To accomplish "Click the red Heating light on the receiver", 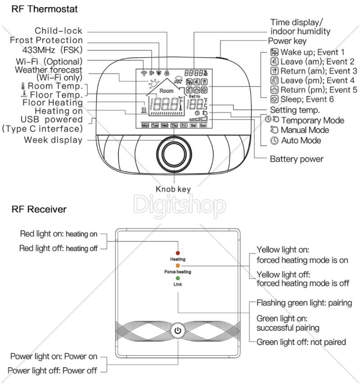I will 178,253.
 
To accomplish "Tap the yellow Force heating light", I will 178,266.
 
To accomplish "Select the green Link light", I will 178,279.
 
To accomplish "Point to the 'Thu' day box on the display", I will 174,126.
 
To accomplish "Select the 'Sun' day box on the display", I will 203,126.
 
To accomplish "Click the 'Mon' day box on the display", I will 145,126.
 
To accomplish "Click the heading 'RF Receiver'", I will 39,209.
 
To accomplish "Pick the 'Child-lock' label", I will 59,31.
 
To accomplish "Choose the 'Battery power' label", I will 297,159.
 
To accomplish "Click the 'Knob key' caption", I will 173,189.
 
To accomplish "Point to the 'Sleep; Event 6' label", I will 307,99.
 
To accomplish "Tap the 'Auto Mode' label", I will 301,140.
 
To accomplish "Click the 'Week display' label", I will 53,140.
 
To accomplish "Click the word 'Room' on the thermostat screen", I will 166,91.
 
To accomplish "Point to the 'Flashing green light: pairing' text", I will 304,303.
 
